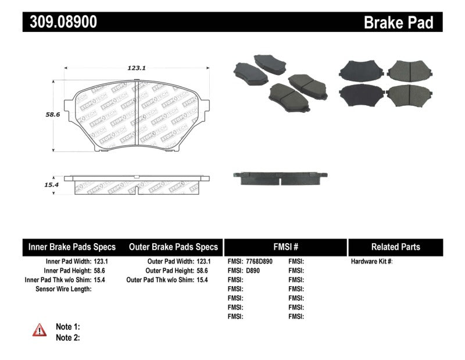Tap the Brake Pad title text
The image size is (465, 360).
pos(398,23)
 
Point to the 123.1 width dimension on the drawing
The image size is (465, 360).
pos(136,68)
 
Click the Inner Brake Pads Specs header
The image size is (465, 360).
pos(72,247)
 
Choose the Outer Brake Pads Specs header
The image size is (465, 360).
pos(173,247)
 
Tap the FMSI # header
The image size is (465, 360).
pos(285,247)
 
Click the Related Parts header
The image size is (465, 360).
pos(395,247)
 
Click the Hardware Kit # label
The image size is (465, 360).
pos(372,262)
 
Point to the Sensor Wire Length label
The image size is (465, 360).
pos(63,288)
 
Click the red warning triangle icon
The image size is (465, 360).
pos(40,330)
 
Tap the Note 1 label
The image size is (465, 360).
pos(68,327)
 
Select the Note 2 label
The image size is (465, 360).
pos(68,337)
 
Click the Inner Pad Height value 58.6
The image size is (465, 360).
pos(101,270)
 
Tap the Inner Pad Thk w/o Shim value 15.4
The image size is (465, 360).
pos(101,280)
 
